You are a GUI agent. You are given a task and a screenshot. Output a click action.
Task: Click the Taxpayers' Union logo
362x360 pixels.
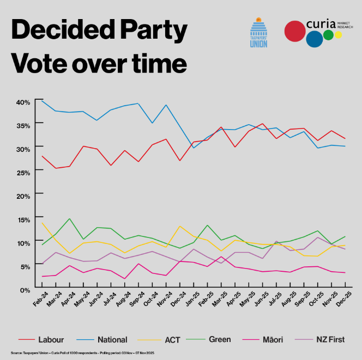click(258, 33)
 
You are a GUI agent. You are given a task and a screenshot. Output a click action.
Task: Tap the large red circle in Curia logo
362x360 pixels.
click(295, 31)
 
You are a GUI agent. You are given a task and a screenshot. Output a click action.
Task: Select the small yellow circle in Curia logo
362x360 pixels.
click(338, 35)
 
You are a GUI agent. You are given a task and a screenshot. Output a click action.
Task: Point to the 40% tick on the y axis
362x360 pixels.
click(23, 102)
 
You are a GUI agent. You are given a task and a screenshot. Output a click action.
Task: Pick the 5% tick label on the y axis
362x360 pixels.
click(25, 266)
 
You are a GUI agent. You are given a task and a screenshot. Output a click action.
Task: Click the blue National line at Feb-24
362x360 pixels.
click(43, 101)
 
